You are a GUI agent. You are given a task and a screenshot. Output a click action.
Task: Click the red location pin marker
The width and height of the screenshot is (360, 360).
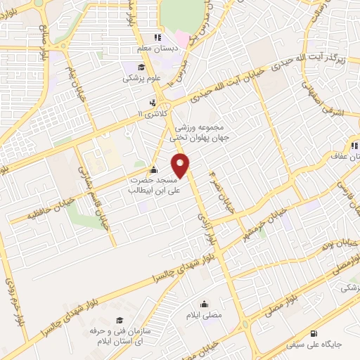(181, 166)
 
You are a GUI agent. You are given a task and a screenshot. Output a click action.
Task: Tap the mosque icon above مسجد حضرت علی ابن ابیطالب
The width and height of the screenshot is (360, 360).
(154, 169)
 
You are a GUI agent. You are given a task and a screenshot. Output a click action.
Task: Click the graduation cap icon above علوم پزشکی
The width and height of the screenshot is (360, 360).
(141, 67)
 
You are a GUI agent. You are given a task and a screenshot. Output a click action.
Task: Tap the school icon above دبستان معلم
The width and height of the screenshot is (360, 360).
(157, 37)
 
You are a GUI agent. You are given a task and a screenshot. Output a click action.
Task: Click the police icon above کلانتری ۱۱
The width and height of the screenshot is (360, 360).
(143, 101)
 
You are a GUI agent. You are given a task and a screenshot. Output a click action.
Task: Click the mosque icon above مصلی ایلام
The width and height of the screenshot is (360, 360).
(203, 304)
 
